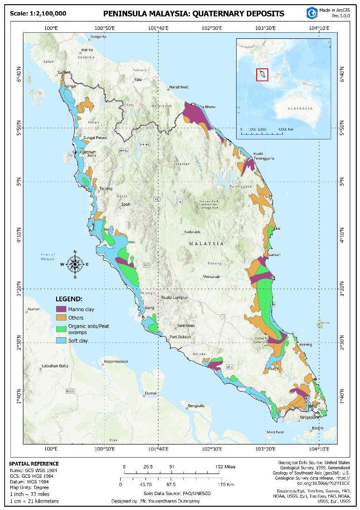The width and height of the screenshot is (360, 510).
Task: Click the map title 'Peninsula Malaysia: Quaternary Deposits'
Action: click(193, 13)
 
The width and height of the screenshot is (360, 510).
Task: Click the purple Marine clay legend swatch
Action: click(61, 309)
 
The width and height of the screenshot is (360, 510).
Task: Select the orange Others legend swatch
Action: click(61, 318)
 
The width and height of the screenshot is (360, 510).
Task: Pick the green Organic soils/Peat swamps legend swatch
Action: click(61, 328)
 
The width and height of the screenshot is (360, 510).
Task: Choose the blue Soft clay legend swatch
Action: click(61, 340)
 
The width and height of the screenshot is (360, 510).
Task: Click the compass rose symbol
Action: click(75, 264)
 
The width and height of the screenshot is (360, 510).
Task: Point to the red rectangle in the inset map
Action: click(262, 74)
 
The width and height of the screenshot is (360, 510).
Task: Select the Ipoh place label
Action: click(126, 204)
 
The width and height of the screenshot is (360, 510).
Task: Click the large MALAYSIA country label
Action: click(206, 244)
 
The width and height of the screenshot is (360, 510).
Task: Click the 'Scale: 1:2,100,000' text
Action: click(38, 13)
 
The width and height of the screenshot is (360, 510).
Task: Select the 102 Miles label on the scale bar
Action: click(225, 466)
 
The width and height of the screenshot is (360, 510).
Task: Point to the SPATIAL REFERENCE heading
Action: click(35, 464)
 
